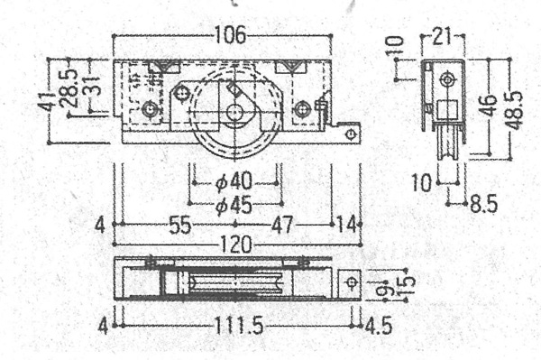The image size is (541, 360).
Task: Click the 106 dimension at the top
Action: tap(231, 35)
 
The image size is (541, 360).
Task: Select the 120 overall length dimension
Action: tap(236, 245)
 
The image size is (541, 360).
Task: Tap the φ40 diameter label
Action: tap(234, 182)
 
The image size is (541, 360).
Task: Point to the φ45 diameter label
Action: tap(234, 206)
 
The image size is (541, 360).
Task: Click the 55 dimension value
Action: tap(180, 225)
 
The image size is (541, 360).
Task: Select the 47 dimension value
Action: tap(282, 225)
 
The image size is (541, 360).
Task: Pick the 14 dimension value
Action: tap(346, 225)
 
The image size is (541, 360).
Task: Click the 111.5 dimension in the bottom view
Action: tap(239, 326)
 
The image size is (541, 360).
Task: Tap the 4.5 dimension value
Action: tap(379, 326)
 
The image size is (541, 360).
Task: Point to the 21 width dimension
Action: tap(442, 36)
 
